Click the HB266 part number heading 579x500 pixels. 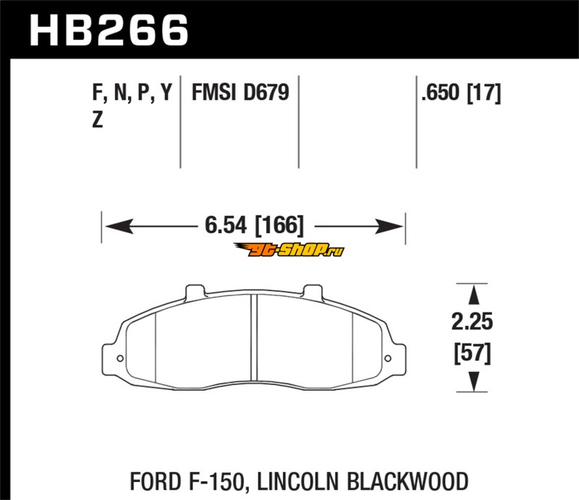click(109, 30)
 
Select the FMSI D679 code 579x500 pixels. click(240, 93)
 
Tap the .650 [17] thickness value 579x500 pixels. click(461, 93)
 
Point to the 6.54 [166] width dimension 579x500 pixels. click(254, 225)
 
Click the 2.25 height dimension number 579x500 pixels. click(472, 321)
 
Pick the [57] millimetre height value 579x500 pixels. click(473, 353)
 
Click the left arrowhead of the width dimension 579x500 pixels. click(119, 226)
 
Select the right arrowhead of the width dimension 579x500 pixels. click(389, 226)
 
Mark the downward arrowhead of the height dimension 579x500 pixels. click(473, 381)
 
